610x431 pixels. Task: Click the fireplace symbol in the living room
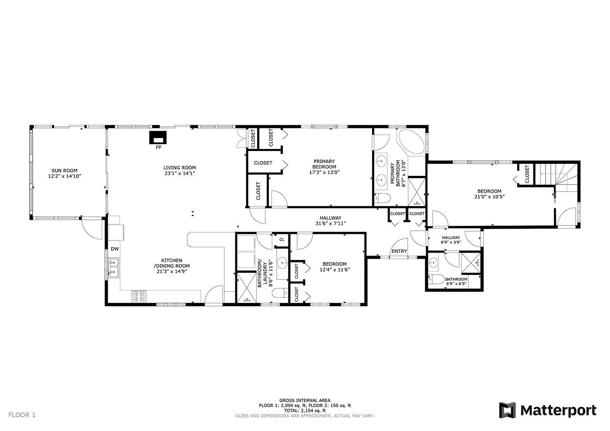pos(158,138)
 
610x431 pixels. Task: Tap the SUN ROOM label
pos(64,171)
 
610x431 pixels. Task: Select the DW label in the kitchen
pos(115,249)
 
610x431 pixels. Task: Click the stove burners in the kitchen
pos(139,296)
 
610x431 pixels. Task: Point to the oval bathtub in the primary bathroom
pos(410,142)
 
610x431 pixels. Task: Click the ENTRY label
pos(399,251)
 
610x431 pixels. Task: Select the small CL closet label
pos(282,239)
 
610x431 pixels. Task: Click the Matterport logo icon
pos(507,410)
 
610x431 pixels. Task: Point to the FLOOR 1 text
pos(22,415)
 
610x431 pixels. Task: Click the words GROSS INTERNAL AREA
pos(305,400)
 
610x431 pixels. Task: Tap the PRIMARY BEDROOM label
pos(324,164)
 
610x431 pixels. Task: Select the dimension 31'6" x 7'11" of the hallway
pos(330,223)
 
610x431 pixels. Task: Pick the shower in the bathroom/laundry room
pos(247,288)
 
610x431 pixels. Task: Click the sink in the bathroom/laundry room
pos(282,263)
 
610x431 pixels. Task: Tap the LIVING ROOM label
pos(180,168)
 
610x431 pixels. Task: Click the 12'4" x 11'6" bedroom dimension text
pos(335,269)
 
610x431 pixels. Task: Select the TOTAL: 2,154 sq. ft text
pos(305,411)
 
